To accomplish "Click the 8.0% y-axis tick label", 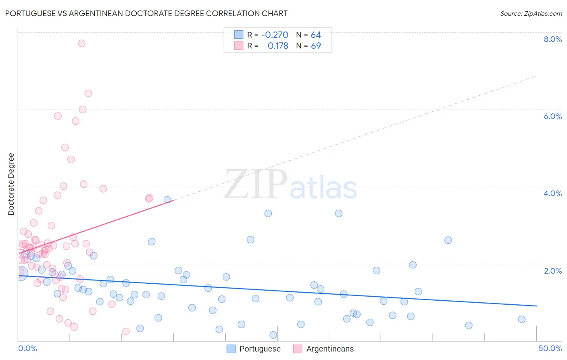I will [552, 39].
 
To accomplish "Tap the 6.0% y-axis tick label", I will [552, 116].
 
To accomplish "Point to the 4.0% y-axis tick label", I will [552, 193].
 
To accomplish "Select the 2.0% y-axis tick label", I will [552, 271].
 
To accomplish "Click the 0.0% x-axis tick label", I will [27, 348].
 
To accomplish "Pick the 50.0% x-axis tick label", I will [550, 348].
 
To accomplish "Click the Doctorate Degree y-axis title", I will [11, 184].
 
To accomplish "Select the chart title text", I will [146, 13].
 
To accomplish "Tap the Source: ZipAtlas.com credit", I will [531, 13].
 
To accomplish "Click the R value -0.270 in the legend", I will [275, 35].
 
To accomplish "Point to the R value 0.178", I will [278, 46].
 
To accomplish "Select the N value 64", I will [316, 35].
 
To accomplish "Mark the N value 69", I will [316, 46].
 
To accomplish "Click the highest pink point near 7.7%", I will [81, 43].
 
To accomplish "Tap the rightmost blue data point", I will [521, 319].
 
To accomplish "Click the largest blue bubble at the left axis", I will [21, 273].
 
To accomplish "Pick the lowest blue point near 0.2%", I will [273, 335].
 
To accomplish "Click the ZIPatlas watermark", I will [290, 185].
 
